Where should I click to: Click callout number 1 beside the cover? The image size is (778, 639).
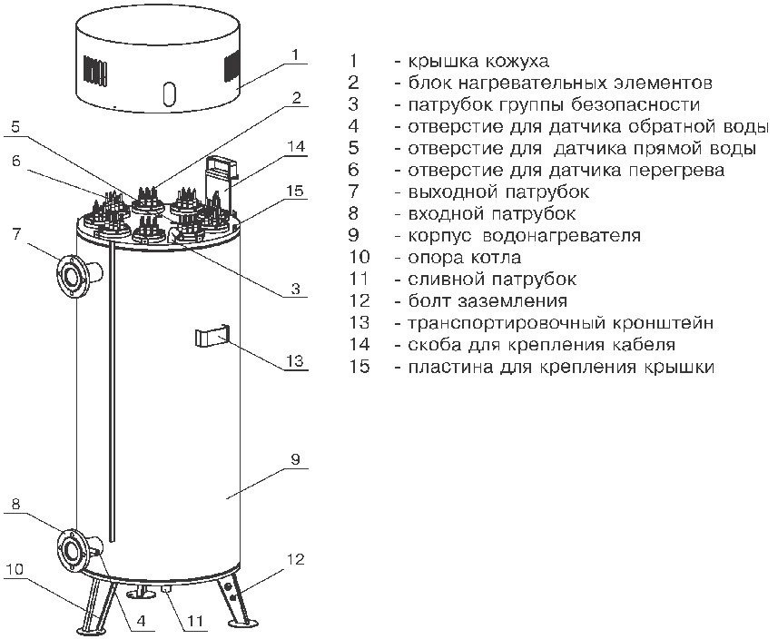click(294, 54)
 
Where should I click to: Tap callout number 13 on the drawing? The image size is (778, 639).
click(294, 360)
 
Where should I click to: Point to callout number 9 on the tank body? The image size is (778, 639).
click(295, 460)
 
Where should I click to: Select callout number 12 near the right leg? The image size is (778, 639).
click(295, 559)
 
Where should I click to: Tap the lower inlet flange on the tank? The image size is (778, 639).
click(72, 548)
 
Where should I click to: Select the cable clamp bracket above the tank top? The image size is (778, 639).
click(222, 172)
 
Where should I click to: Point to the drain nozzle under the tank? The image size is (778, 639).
click(168, 591)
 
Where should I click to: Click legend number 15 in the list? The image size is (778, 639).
click(359, 367)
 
